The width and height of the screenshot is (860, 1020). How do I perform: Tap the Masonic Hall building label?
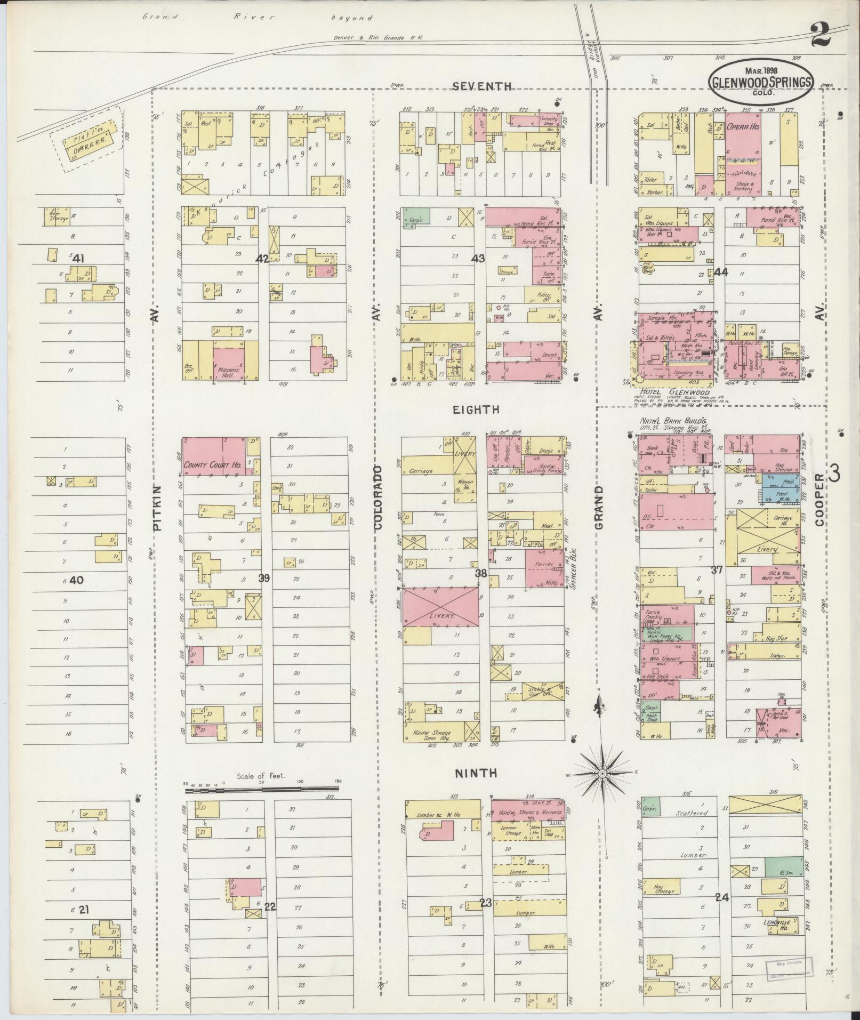229,370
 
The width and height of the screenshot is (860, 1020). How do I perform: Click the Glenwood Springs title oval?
761,82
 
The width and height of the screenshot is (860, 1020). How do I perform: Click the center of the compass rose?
602,774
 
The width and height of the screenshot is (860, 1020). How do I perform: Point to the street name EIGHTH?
476,409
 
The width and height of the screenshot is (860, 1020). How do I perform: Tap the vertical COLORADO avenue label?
378,497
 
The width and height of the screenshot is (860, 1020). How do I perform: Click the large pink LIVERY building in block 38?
440,606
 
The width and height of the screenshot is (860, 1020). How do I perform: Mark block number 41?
78,259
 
